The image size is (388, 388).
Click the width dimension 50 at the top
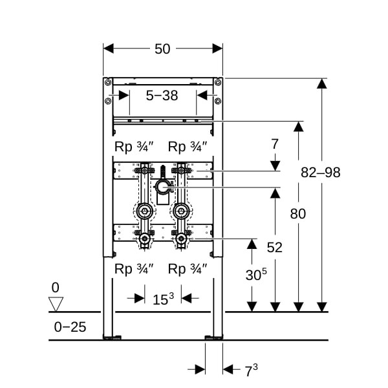[163, 49]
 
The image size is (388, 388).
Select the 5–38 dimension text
[162, 96]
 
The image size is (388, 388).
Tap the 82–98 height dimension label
[321, 173]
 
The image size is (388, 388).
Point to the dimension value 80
[297, 214]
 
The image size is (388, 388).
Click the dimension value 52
[275, 247]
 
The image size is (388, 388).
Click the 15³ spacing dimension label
[164, 298]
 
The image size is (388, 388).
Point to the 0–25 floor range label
[70, 327]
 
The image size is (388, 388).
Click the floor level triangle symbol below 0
[56, 303]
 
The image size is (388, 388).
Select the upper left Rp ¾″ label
[134, 146]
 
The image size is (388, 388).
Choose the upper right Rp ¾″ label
[187, 146]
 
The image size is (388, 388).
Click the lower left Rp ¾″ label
[134, 268]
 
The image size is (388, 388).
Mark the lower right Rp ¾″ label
[187, 268]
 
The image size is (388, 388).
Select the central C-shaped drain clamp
[162, 188]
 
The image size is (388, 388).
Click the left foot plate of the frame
[113, 337]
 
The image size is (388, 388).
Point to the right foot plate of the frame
[213, 337]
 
